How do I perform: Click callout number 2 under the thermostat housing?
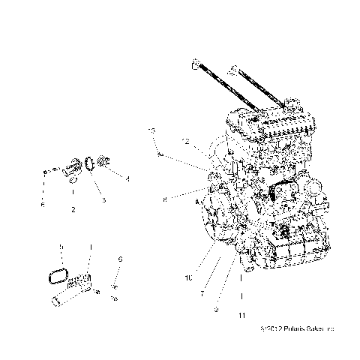pos(73,210)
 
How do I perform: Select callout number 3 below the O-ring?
pos(104,201)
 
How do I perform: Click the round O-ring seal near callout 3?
pos(91,163)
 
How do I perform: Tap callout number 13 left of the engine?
pos(151,130)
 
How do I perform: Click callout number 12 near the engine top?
pos(184,141)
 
